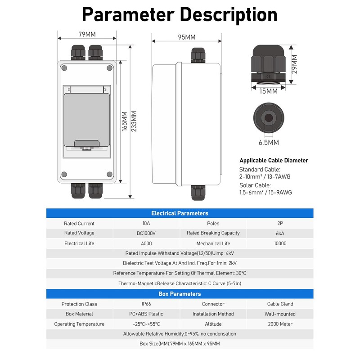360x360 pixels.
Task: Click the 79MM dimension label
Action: pyautogui.click(x=87, y=34)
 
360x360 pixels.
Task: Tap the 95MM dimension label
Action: pyautogui.click(x=186, y=37)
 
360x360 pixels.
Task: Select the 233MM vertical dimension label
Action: pyautogui.click(x=134, y=121)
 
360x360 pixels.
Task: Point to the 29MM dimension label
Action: pyautogui.click(x=294, y=64)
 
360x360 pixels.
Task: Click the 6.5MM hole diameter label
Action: pyautogui.click(x=269, y=143)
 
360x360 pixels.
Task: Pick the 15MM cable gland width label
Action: pyautogui.click(x=269, y=91)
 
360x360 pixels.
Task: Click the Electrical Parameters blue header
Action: pyautogui.click(x=180, y=213)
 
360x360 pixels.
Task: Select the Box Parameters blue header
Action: pyautogui.click(x=180, y=294)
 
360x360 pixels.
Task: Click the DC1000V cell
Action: pyautogui.click(x=146, y=233)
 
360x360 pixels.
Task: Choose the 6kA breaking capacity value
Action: pyautogui.click(x=280, y=233)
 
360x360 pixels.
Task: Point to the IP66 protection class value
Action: pyautogui.click(x=146, y=304)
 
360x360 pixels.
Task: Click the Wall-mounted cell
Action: pyautogui.click(x=280, y=314)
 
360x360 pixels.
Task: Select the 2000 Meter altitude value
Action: pyautogui.click(x=280, y=324)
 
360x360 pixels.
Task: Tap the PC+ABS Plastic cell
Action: pyautogui.click(x=146, y=314)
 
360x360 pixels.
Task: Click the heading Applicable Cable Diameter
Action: pyautogui.click(x=274, y=161)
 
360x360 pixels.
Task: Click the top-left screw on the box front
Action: pyautogui.click(x=64, y=68)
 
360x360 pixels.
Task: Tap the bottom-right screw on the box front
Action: pyautogui.click(x=109, y=175)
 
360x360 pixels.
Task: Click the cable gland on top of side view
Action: pyautogui.click(x=198, y=55)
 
